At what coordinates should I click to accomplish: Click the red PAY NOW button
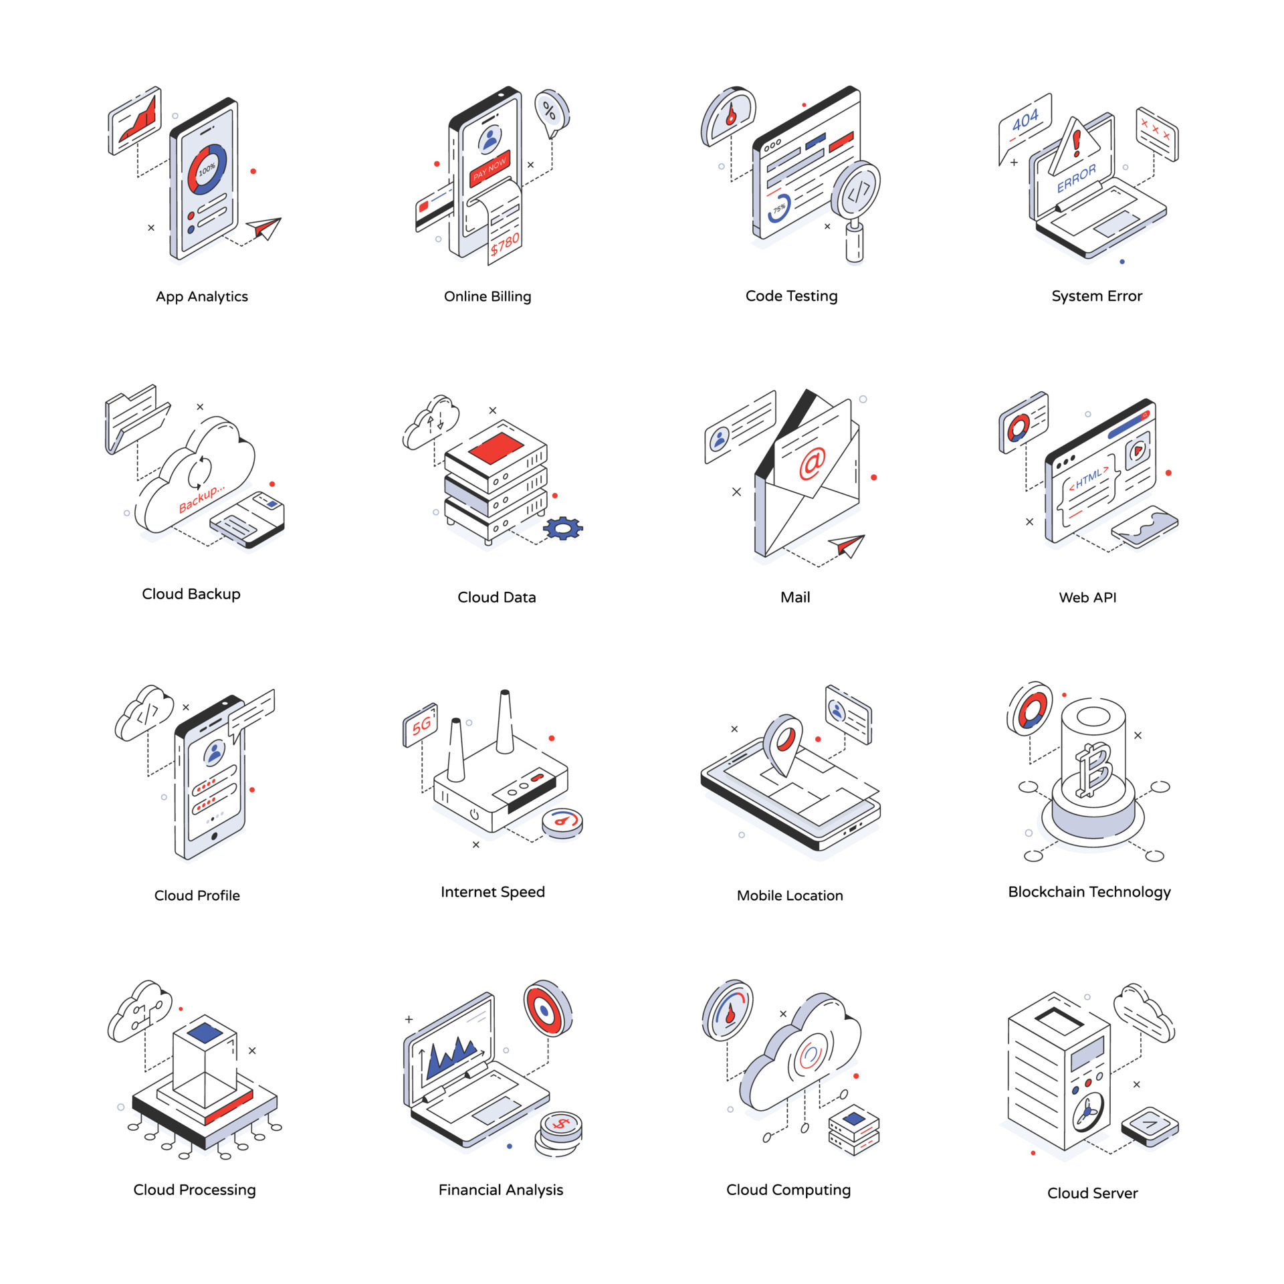tap(490, 167)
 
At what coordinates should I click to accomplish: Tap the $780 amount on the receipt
tap(505, 244)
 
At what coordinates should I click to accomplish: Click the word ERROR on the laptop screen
tap(1076, 179)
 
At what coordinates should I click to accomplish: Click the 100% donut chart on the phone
tap(207, 169)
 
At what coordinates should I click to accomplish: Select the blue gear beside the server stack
tap(562, 528)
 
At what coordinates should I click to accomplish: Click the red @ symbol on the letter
tap(812, 463)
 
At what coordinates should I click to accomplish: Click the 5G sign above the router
tap(421, 724)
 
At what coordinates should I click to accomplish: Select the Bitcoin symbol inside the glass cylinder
tap(1093, 771)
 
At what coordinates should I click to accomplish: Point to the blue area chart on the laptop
tap(451, 1057)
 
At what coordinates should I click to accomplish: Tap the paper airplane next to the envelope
tap(848, 545)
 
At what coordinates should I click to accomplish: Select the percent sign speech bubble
tap(550, 111)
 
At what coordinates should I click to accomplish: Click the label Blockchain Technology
tap(1089, 891)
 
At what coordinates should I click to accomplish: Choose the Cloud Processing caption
tap(194, 1190)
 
